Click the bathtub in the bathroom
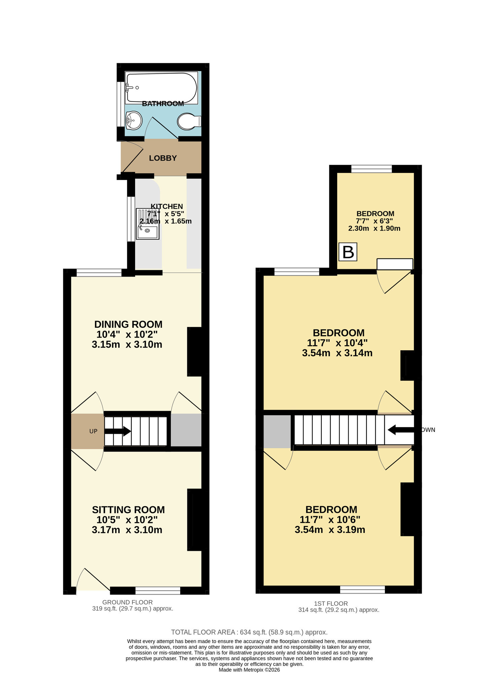point(161,87)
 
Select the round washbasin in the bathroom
point(134,120)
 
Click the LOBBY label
point(163,158)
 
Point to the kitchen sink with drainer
point(148,224)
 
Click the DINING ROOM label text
point(128,324)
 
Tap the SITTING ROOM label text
point(128,510)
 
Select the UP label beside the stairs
point(93,431)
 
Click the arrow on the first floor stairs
point(400,430)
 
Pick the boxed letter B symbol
point(348,252)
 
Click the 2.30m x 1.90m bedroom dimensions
point(374,228)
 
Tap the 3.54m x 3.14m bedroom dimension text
point(337,353)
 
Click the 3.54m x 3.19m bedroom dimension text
point(330,530)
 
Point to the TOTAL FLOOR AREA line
point(249,632)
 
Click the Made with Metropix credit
point(249,670)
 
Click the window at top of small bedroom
point(371,169)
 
